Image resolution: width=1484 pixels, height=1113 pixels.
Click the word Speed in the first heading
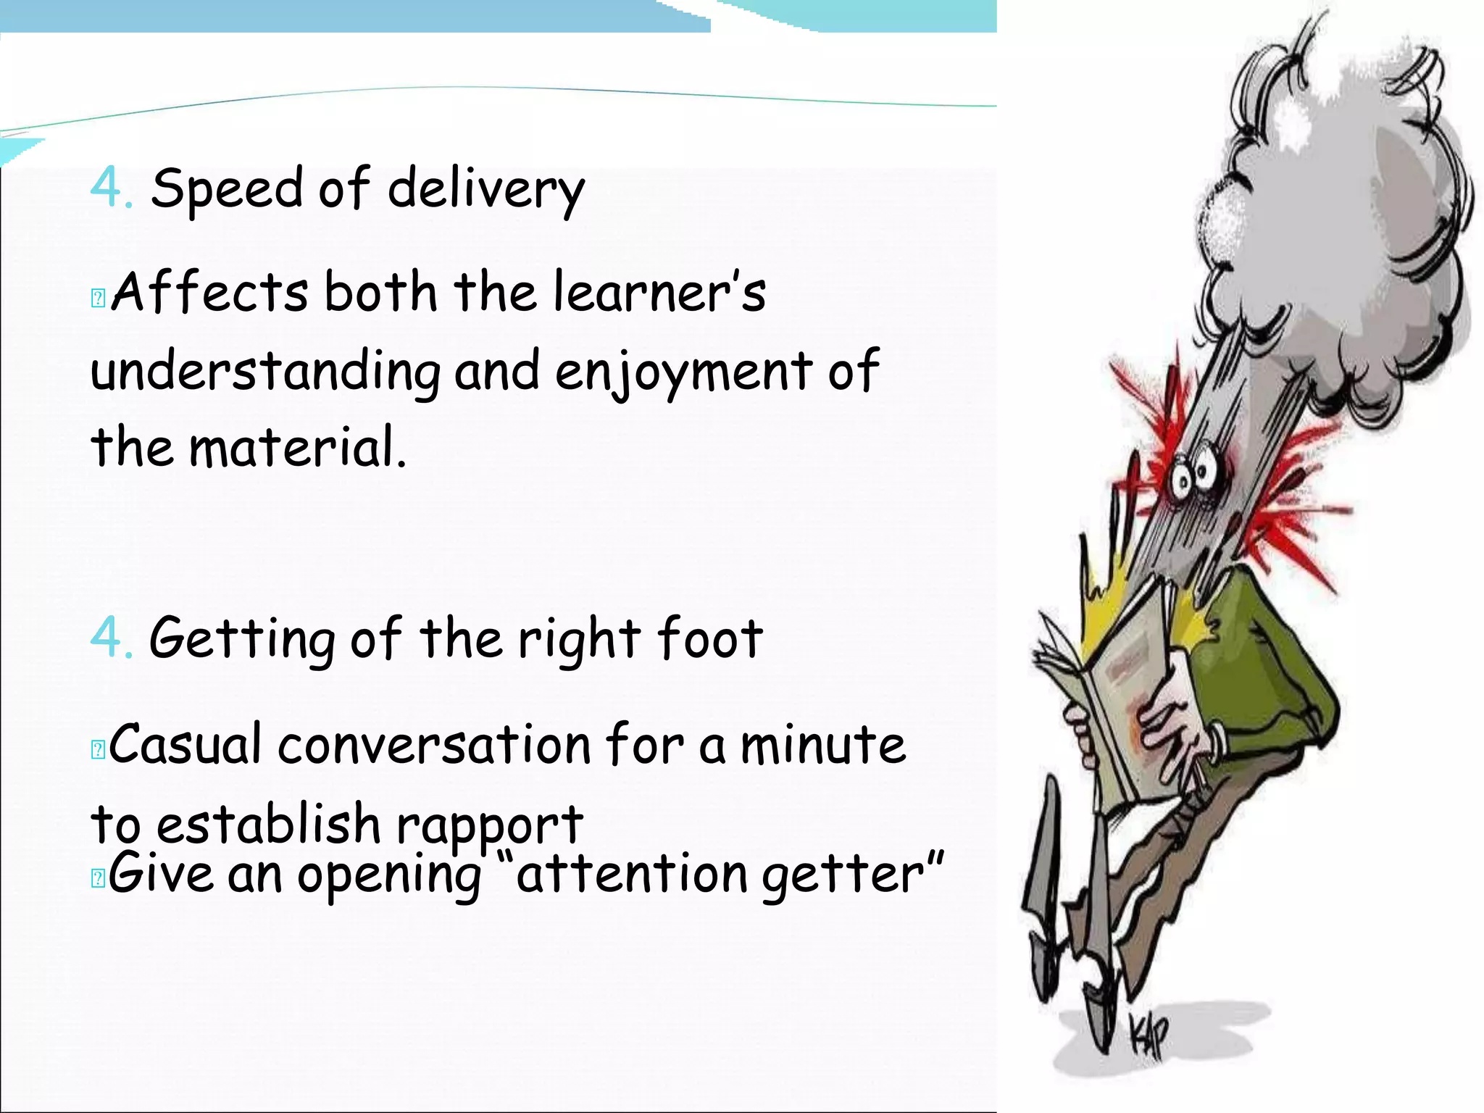point(226,188)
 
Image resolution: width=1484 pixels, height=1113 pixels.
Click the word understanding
point(265,371)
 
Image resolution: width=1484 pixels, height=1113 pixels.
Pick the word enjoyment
point(683,371)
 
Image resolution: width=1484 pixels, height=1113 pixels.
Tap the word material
point(297,447)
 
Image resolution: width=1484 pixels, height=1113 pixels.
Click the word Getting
point(242,639)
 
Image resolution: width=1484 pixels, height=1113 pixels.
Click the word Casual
point(185,744)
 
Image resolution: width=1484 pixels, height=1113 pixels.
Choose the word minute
point(822,744)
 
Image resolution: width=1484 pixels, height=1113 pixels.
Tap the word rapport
point(489,825)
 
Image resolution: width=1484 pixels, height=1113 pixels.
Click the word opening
point(389,875)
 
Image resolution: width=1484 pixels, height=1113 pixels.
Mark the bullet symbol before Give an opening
point(99,878)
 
